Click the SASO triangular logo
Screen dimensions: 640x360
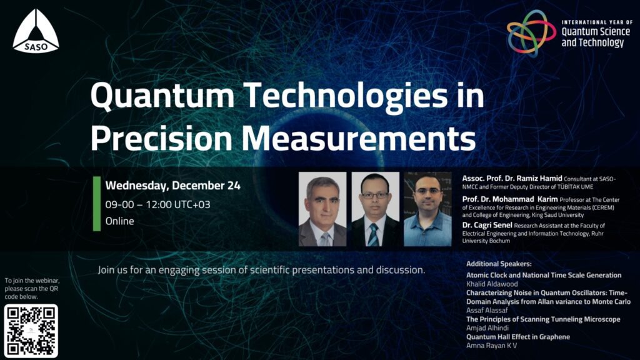point(36,31)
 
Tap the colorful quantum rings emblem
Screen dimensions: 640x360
point(531,33)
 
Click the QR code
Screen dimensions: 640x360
point(31,331)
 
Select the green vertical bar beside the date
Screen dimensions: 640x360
point(97,204)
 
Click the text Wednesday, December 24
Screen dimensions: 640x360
point(172,186)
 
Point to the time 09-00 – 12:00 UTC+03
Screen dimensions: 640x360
point(157,204)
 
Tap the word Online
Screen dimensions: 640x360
point(119,221)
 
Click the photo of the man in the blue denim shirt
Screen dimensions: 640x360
point(427,209)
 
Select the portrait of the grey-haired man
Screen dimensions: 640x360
point(322,209)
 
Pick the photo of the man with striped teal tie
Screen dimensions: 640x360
point(376,209)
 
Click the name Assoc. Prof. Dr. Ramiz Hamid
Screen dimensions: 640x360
point(512,178)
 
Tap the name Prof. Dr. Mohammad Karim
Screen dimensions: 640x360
point(510,199)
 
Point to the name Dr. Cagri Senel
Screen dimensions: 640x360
point(487,225)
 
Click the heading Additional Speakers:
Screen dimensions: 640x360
point(499,264)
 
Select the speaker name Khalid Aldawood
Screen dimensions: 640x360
point(492,284)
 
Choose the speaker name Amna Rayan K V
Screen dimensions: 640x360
point(491,346)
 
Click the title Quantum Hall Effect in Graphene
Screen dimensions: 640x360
point(518,337)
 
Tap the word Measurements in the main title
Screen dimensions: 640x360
point(358,138)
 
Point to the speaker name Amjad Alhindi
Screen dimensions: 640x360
point(487,327)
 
